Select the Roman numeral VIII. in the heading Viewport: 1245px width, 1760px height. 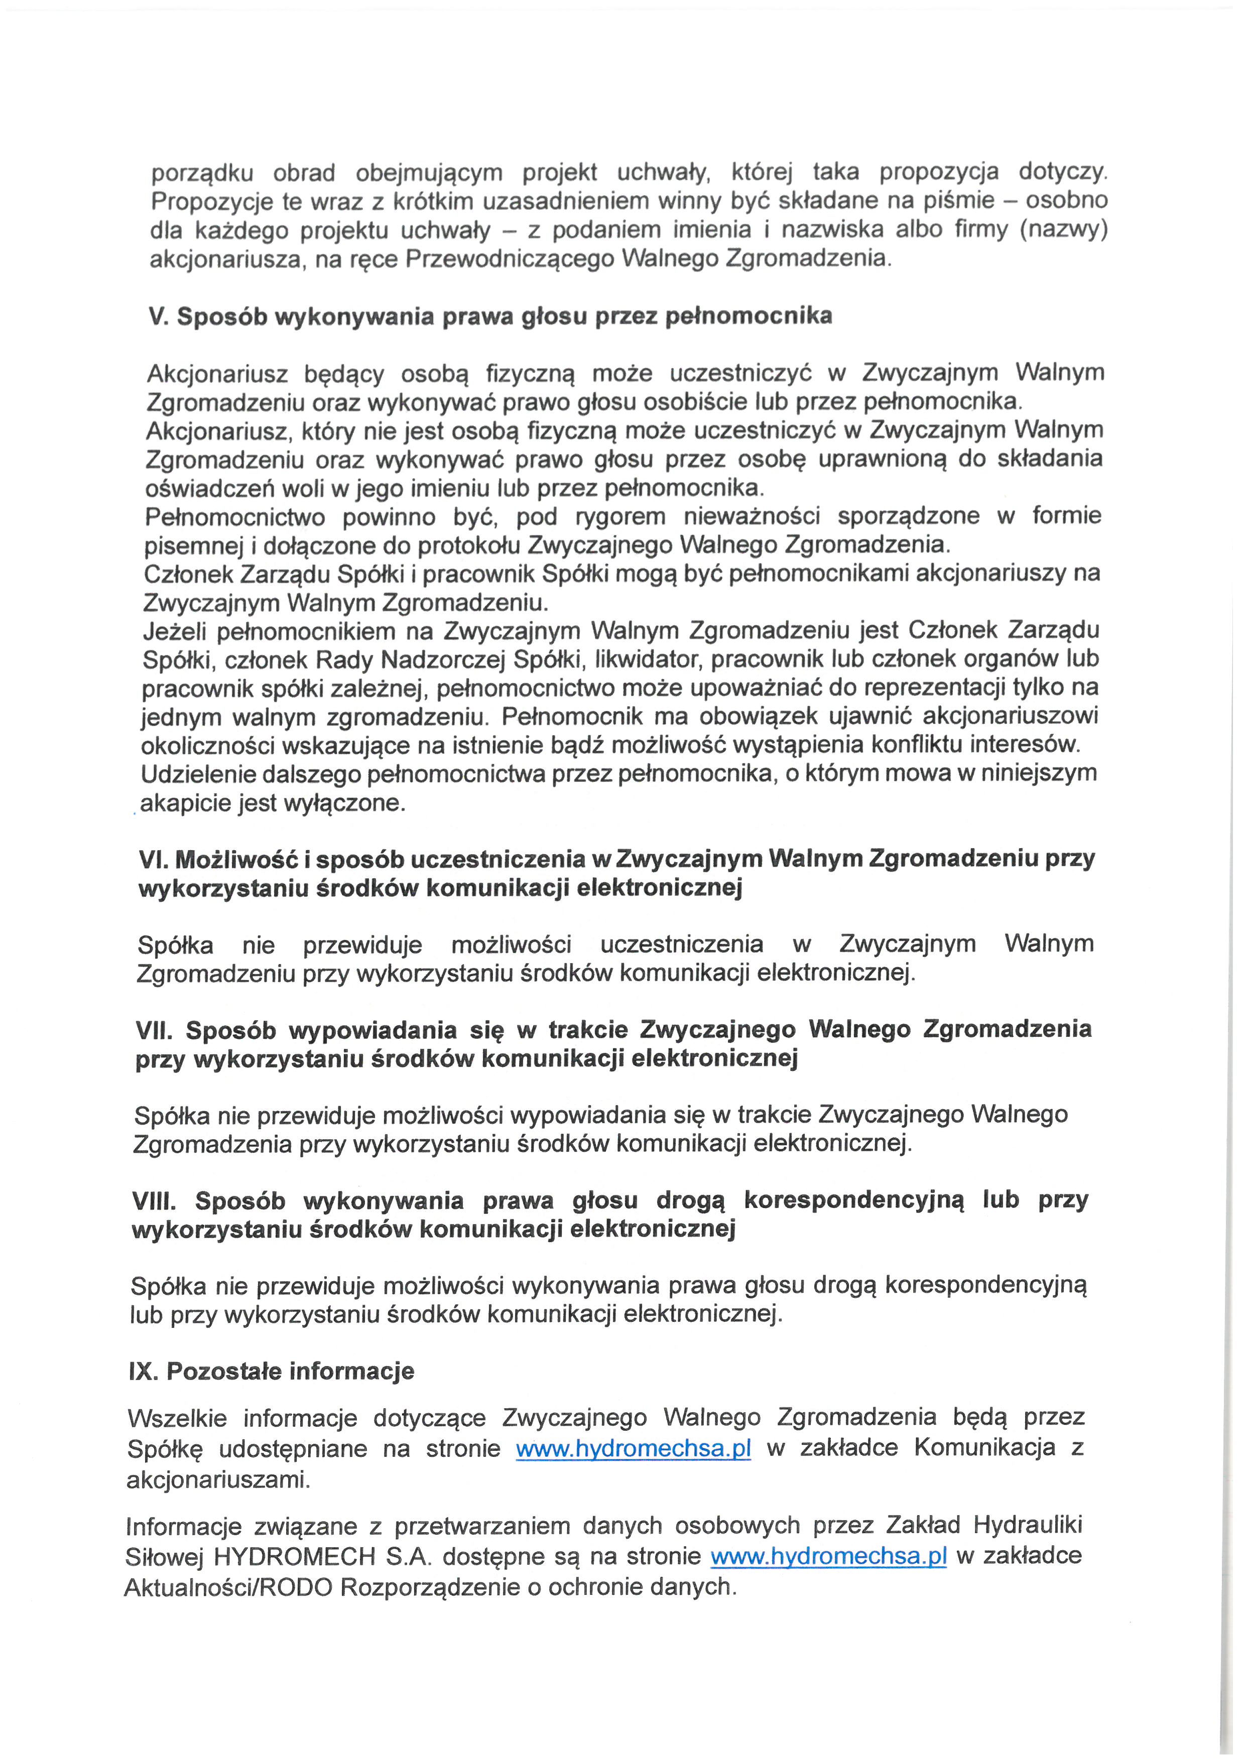(154, 1200)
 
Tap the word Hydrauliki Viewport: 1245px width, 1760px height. (1028, 1525)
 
